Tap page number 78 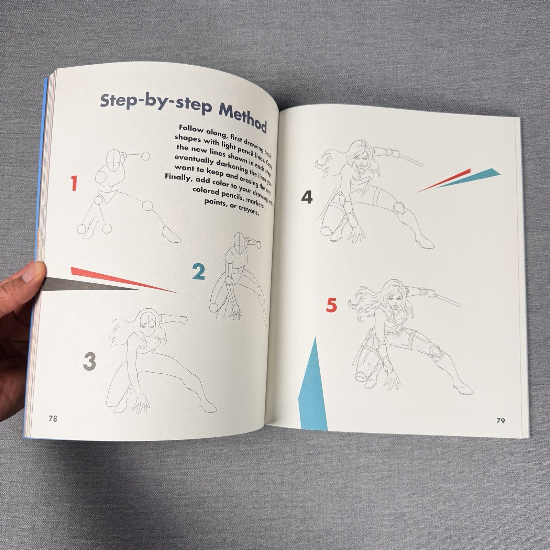[x=53, y=419]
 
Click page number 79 [x=500, y=420]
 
